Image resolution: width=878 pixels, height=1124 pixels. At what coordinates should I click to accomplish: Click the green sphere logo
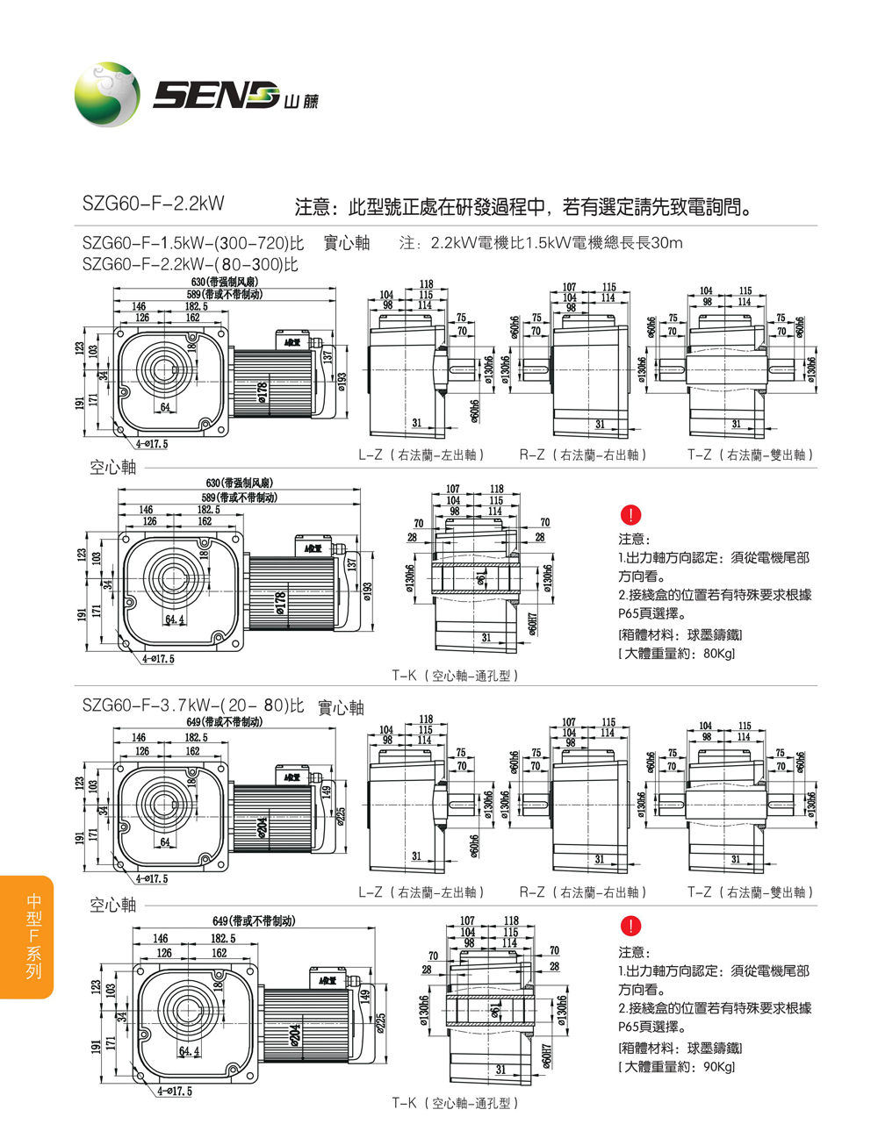106,94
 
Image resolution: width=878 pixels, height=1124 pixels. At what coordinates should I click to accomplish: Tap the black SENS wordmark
215,94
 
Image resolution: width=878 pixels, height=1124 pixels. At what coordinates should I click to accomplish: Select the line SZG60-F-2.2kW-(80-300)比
191,264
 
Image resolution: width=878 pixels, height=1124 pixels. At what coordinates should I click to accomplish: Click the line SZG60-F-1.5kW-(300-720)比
192,243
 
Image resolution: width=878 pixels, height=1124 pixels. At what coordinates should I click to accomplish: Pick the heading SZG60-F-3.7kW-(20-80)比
192,705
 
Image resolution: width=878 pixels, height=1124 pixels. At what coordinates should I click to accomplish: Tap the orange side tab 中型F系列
32,936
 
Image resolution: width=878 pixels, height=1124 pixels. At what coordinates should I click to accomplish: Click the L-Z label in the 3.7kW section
421,892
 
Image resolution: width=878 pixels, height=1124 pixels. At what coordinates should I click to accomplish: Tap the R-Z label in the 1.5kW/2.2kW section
582,455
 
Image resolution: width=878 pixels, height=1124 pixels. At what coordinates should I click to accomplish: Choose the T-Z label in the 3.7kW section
751,892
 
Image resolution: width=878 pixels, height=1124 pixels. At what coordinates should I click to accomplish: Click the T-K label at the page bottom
455,1103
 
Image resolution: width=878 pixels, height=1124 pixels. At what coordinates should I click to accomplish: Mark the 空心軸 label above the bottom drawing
113,904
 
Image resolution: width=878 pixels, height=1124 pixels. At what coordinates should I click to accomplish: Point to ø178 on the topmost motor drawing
262,391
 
